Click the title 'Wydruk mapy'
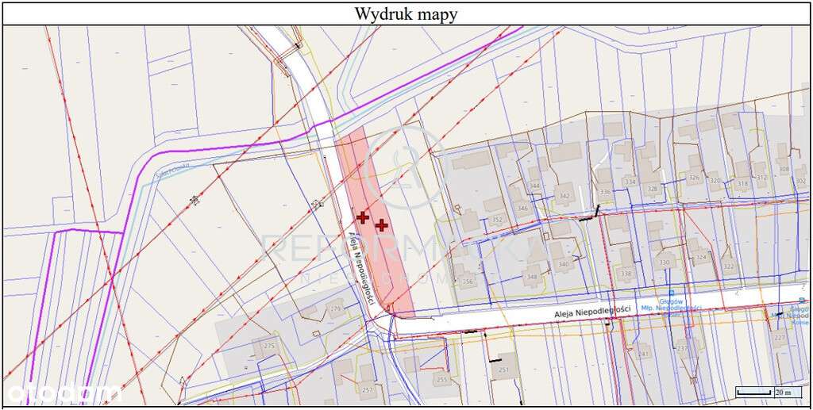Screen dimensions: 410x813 406,13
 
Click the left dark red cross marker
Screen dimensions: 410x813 363,216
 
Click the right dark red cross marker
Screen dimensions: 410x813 382,225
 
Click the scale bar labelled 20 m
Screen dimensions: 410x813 767,392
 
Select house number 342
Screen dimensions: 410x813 564,196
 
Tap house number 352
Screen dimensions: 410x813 497,220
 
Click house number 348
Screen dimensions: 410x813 531,277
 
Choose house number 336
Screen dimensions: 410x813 606,192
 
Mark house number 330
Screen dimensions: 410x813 665,262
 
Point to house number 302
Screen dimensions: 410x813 800,180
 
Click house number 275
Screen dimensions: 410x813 268,346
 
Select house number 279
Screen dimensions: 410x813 335,308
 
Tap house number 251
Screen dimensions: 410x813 503,370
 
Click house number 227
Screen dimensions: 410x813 779,339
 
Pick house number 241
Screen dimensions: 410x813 644,354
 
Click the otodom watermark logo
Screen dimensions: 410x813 64,392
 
